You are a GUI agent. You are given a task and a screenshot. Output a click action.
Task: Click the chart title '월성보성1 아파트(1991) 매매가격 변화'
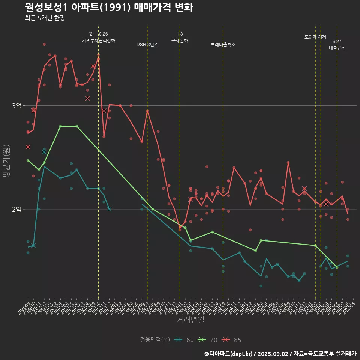coord(109,7)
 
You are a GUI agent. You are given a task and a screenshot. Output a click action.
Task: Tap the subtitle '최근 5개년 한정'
coord(45,18)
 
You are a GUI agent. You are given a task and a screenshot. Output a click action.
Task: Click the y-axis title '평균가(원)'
coord(6,162)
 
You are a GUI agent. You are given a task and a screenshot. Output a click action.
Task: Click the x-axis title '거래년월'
coord(190,320)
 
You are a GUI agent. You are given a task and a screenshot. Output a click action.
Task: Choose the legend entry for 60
coord(185,340)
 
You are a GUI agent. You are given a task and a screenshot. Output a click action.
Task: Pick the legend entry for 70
coord(208,340)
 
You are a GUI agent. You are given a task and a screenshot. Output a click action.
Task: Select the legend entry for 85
coord(232,340)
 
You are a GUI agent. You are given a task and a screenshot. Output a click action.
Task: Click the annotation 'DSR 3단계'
coord(147,45)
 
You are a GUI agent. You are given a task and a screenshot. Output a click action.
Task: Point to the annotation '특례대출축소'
coord(223,45)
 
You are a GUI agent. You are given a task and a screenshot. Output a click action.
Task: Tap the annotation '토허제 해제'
coord(315,37)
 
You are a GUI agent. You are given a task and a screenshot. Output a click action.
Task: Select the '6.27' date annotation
coord(337,42)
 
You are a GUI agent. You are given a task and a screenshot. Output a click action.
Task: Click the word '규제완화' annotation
coord(180,40)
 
